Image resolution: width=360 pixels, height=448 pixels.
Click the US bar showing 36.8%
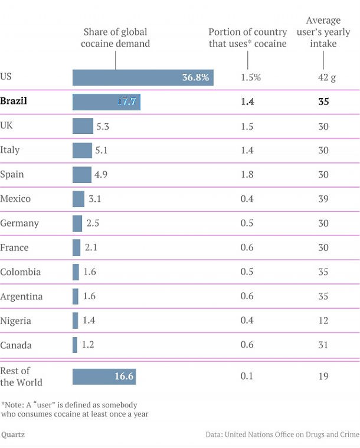[x=143, y=77]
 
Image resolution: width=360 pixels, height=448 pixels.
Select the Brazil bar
[x=106, y=102]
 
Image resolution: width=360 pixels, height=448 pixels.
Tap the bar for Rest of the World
[x=104, y=376]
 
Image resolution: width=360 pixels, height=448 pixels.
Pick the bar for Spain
[x=82, y=175]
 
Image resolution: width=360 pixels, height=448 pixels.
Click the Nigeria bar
[x=76, y=321]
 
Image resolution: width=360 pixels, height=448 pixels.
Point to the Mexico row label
[x=15, y=199]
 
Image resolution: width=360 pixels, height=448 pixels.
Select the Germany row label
[x=19, y=223]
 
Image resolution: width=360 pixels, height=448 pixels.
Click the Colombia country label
[x=21, y=272]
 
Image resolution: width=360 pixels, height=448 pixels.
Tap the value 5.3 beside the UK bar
[x=103, y=126]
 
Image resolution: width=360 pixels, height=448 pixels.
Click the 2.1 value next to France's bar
[x=91, y=247]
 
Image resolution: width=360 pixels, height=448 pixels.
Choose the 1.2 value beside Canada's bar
[x=88, y=345]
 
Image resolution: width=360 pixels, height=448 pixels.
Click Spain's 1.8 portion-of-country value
[x=247, y=175]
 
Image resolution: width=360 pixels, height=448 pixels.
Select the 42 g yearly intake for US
[x=323, y=77]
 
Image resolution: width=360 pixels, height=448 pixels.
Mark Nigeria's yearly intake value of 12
[x=323, y=321]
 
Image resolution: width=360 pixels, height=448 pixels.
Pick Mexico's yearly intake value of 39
[x=323, y=199]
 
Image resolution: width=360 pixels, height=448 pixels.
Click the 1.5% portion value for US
[x=251, y=77]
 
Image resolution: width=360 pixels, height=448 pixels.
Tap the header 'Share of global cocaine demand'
[x=116, y=38]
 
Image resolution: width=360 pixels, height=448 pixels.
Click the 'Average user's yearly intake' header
[x=323, y=32]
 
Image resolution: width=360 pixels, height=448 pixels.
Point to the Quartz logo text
[x=12, y=435]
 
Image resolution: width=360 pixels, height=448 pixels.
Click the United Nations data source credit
[x=282, y=435]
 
